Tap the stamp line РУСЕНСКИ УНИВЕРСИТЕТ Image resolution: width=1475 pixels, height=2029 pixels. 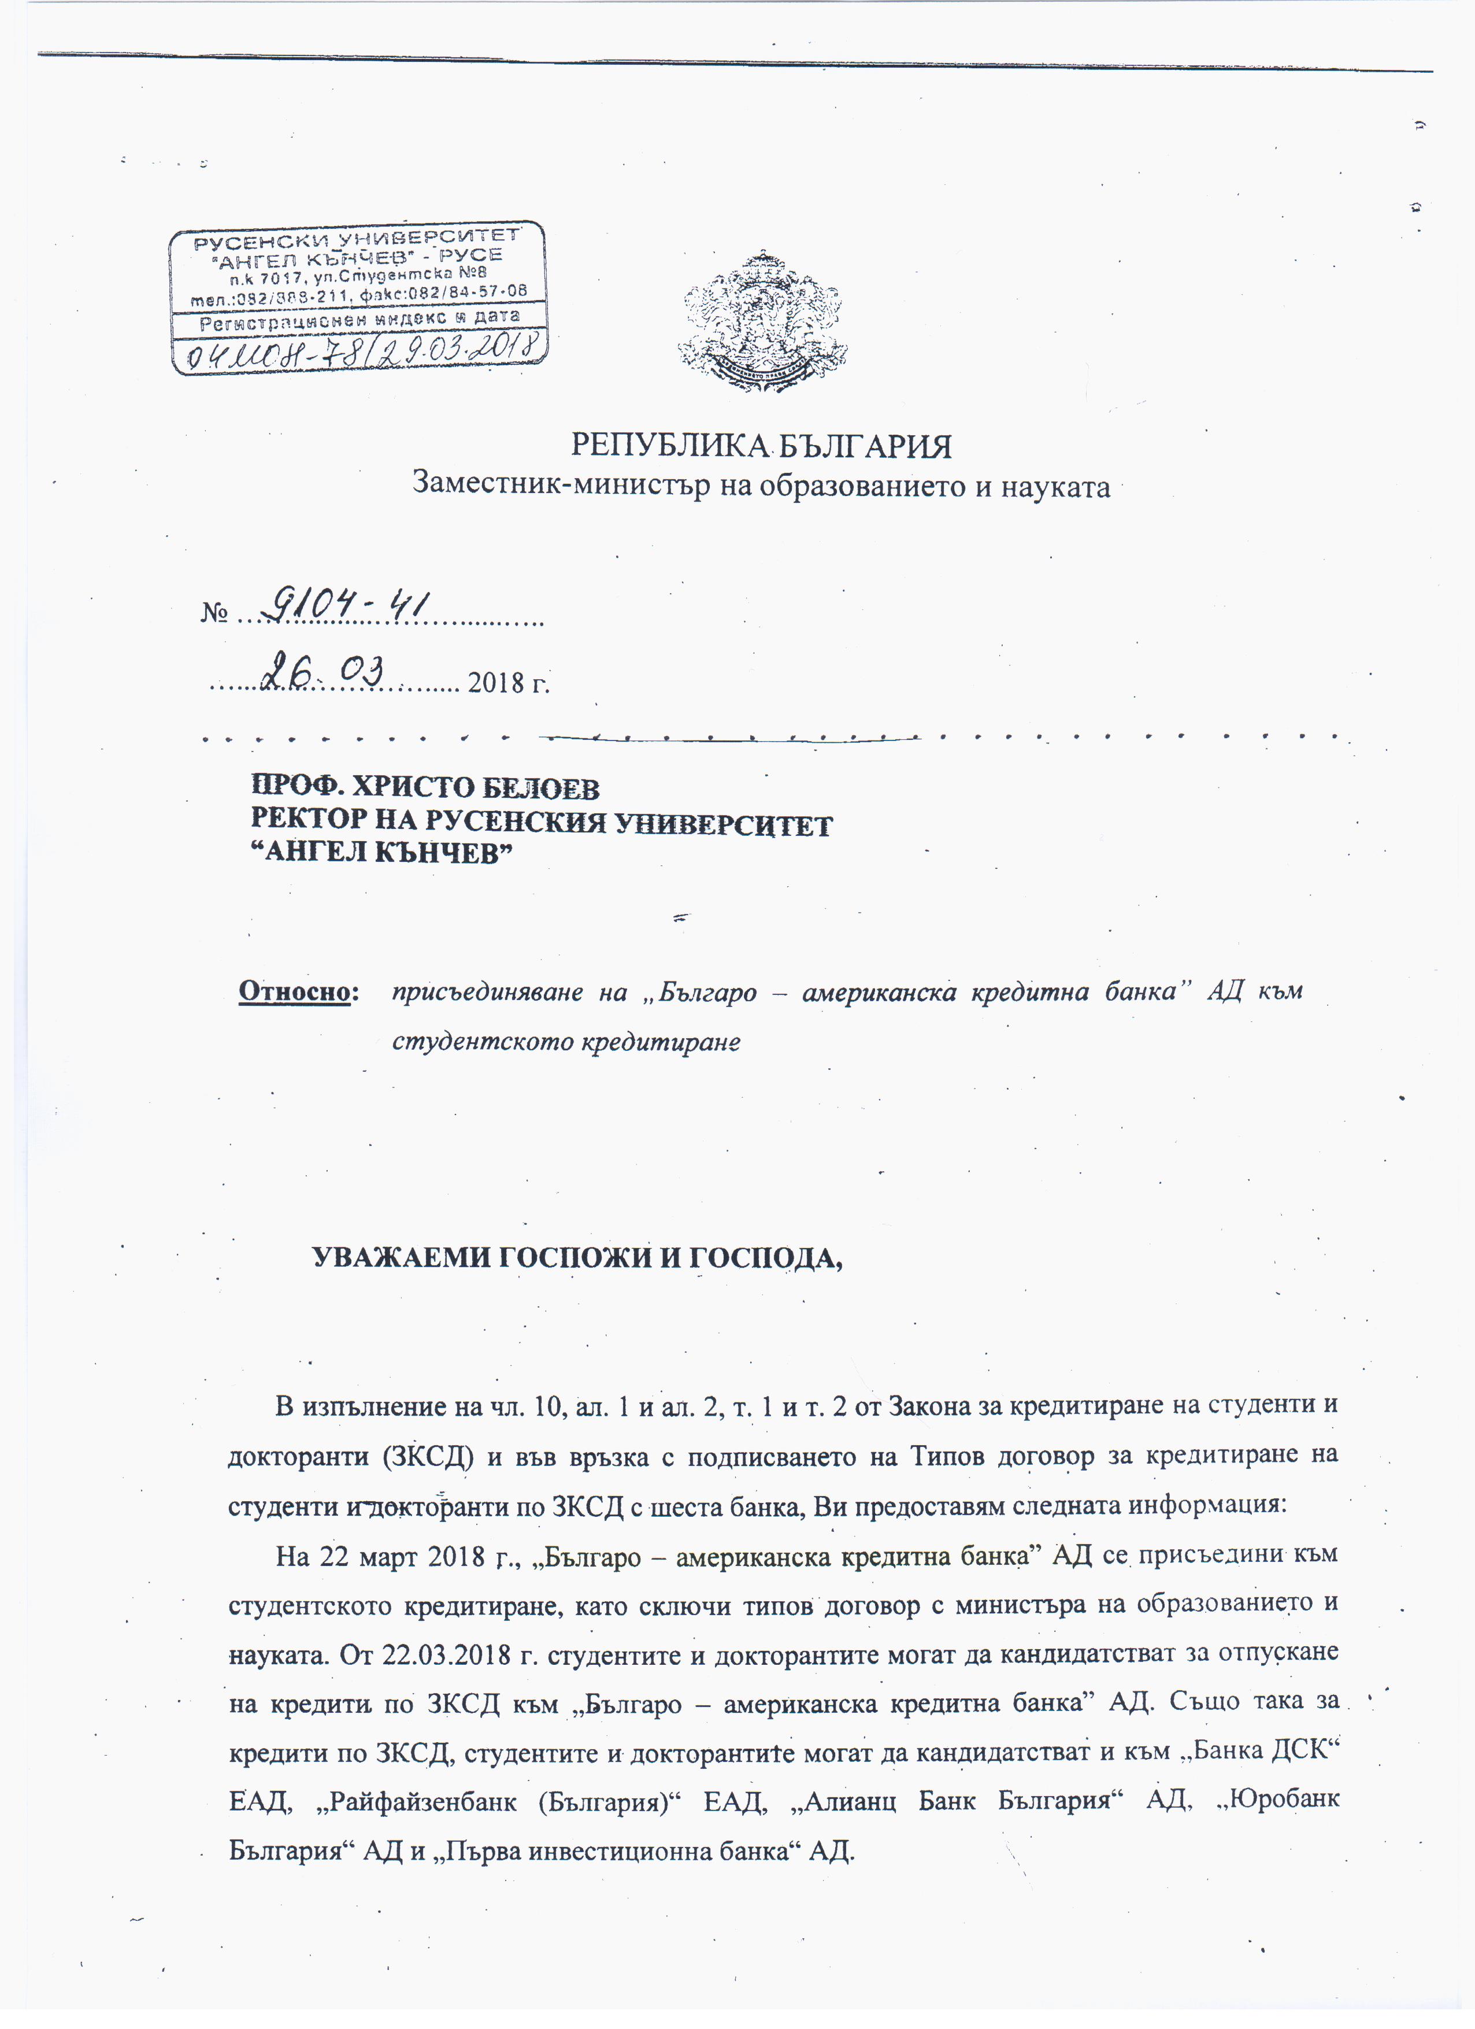pos(357,239)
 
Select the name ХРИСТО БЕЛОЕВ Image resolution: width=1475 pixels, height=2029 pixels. pos(475,787)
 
